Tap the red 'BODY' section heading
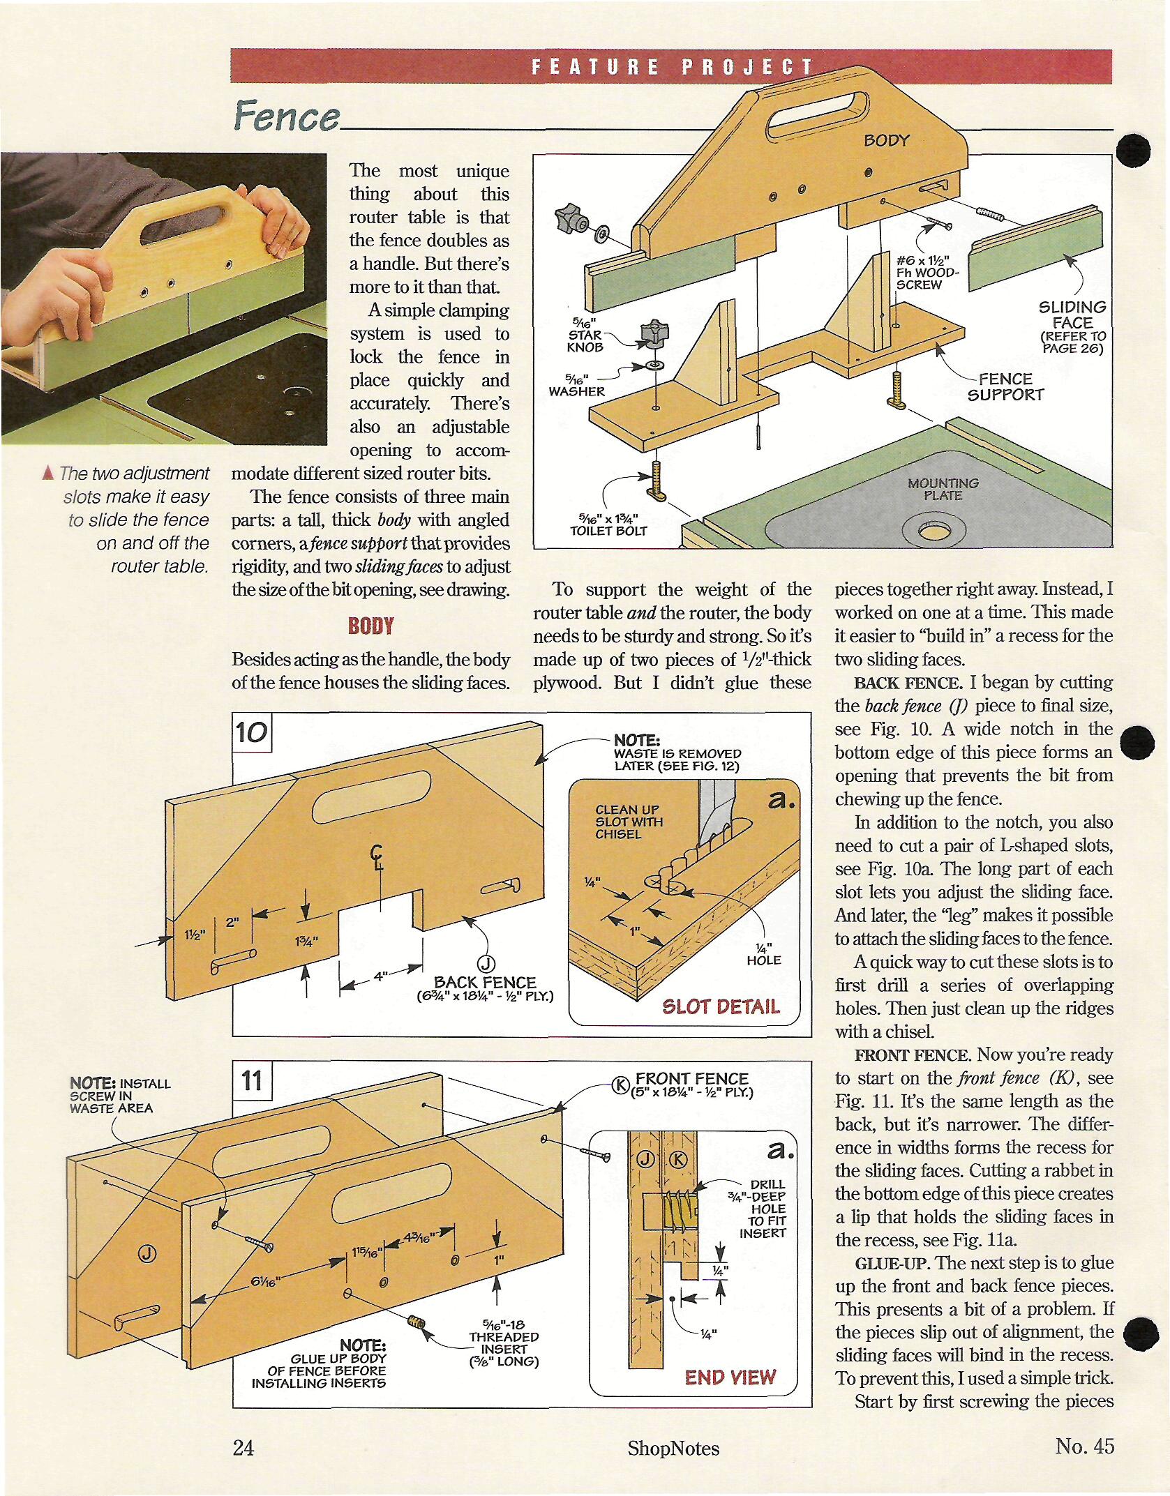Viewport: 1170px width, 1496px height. pos(371,626)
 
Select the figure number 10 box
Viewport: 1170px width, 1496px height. pos(251,732)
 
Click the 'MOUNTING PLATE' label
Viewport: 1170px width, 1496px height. pos(943,489)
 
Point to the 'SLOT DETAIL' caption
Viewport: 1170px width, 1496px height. pos(721,1006)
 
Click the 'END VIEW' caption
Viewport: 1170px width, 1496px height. pos(730,1377)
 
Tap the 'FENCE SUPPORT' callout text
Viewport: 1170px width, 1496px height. pos(1005,386)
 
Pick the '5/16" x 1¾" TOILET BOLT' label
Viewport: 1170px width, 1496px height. pos(608,524)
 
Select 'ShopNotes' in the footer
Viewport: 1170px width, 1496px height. pos(673,1448)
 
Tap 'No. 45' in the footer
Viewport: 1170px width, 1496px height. pos(1085,1446)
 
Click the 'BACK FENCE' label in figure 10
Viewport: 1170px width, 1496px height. pos(485,982)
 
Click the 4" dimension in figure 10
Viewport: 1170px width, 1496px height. pos(381,976)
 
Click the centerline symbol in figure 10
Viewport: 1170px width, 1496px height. pos(377,855)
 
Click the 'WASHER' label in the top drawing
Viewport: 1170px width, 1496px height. pos(576,391)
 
